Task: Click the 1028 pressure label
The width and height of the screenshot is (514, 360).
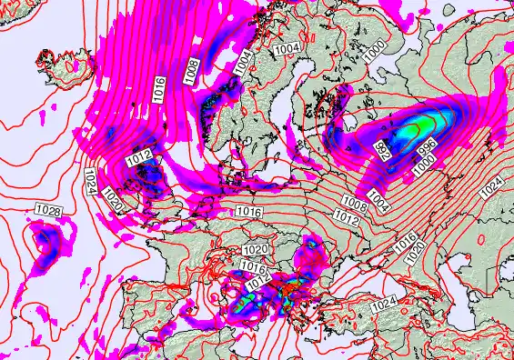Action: (x=49, y=211)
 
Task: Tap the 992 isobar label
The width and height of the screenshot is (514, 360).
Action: (x=386, y=152)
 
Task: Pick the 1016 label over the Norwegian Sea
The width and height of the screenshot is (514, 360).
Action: (x=159, y=89)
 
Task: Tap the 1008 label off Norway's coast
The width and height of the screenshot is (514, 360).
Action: (x=192, y=71)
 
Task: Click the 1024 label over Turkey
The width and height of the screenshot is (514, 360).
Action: (x=386, y=300)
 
